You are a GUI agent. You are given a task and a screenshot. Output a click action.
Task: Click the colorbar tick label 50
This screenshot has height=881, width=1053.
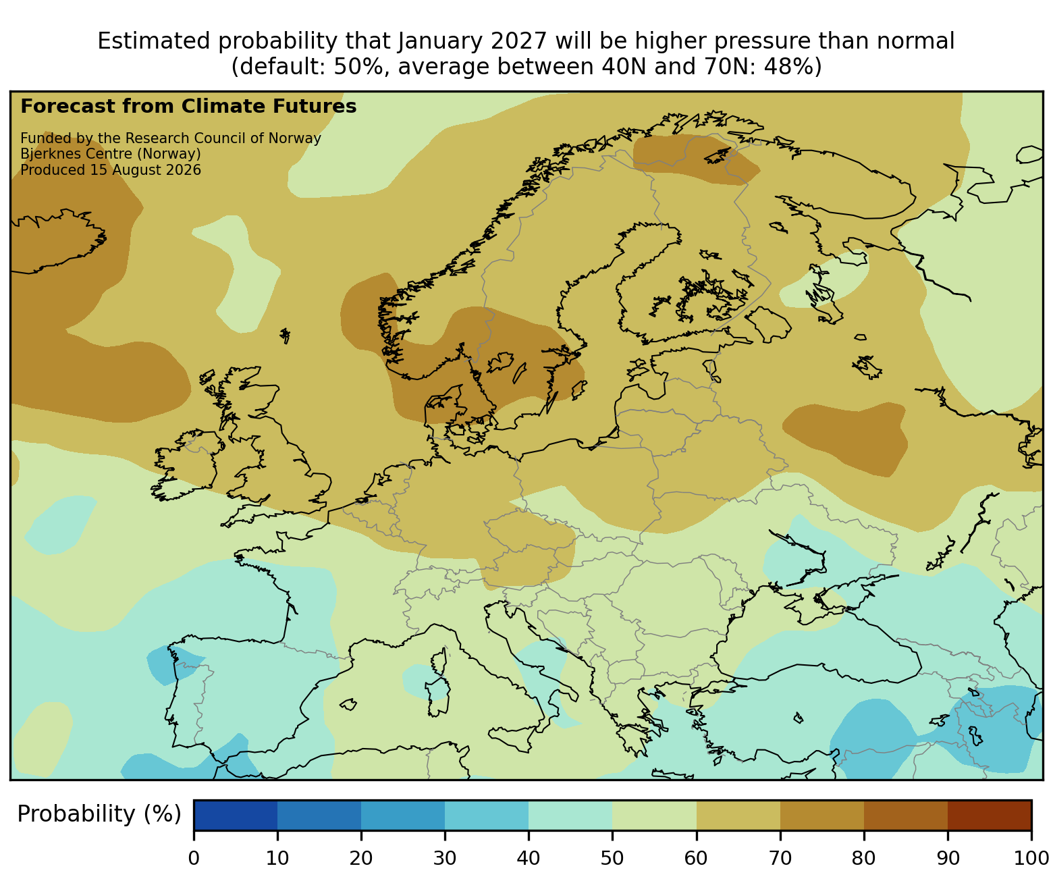tap(612, 858)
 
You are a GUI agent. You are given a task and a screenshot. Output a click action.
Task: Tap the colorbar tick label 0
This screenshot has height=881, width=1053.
tap(194, 858)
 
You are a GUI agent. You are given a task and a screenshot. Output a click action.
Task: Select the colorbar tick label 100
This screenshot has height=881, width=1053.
tap(1031, 858)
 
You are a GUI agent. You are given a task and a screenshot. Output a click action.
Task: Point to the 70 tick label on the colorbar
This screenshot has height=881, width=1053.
tap(780, 858)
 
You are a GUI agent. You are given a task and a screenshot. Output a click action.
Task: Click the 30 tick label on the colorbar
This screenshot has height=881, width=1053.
tap(444, 858)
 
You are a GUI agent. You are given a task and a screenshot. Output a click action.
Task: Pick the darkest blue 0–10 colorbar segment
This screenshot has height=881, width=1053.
tap(236, 815)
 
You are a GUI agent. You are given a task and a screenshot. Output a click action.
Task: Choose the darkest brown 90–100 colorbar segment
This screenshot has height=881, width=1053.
tap(990, 815)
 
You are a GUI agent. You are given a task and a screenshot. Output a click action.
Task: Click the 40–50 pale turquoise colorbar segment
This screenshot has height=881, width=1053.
tap(570, 815)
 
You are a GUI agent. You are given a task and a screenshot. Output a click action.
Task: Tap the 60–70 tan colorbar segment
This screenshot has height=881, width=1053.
tap(738, 815)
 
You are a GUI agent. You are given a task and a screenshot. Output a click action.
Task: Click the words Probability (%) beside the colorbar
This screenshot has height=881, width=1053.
tap(99, 814)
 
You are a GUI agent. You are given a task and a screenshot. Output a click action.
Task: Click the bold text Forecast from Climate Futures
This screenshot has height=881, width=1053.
tap(188, 107)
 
